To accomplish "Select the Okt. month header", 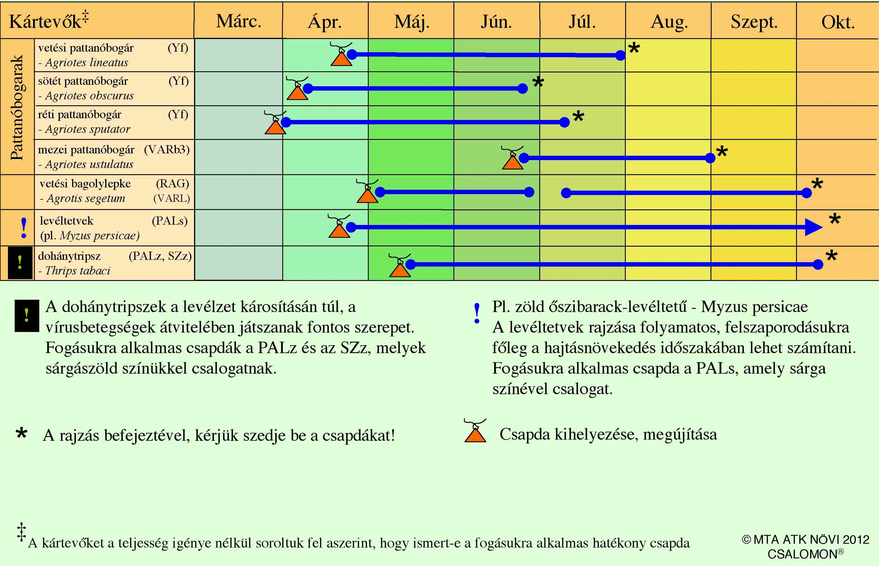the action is (838, 22).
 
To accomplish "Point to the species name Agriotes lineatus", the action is (87, 62).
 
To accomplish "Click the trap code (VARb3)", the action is (167, 150).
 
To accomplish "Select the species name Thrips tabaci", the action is (77, 271).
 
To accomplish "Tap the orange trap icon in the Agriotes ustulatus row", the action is (512, 158).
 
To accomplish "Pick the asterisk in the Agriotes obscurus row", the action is (538, 82).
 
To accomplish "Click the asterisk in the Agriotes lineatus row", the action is (634, 48).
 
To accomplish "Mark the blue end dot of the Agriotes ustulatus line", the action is (710, 158).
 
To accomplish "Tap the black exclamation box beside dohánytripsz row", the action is (20, 263).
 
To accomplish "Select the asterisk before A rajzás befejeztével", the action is (22, 434).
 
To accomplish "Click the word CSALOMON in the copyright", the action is (802, 554).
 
